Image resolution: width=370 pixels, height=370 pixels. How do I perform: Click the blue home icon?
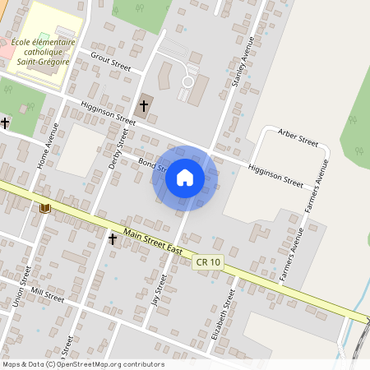pyautogui.click(x=185, y=178)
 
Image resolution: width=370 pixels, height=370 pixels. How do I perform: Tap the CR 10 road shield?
pyautogui.click(x=208, y=262)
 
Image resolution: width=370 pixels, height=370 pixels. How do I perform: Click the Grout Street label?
pyautogui.click(x=110, y=59)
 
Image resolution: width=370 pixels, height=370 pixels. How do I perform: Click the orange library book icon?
pyautogui.click(x=44, y=207)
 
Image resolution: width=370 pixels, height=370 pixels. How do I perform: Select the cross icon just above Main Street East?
pyautogui.click(x=113, y=238)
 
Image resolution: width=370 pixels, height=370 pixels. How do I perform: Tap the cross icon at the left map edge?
pyautogui.click(x=5, y=123)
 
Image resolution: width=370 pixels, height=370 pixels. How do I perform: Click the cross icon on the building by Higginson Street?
pyautogui.click(x=144, y=105)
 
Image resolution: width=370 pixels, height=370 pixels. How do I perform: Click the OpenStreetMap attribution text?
pyautogui.click(x=83, y=364)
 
